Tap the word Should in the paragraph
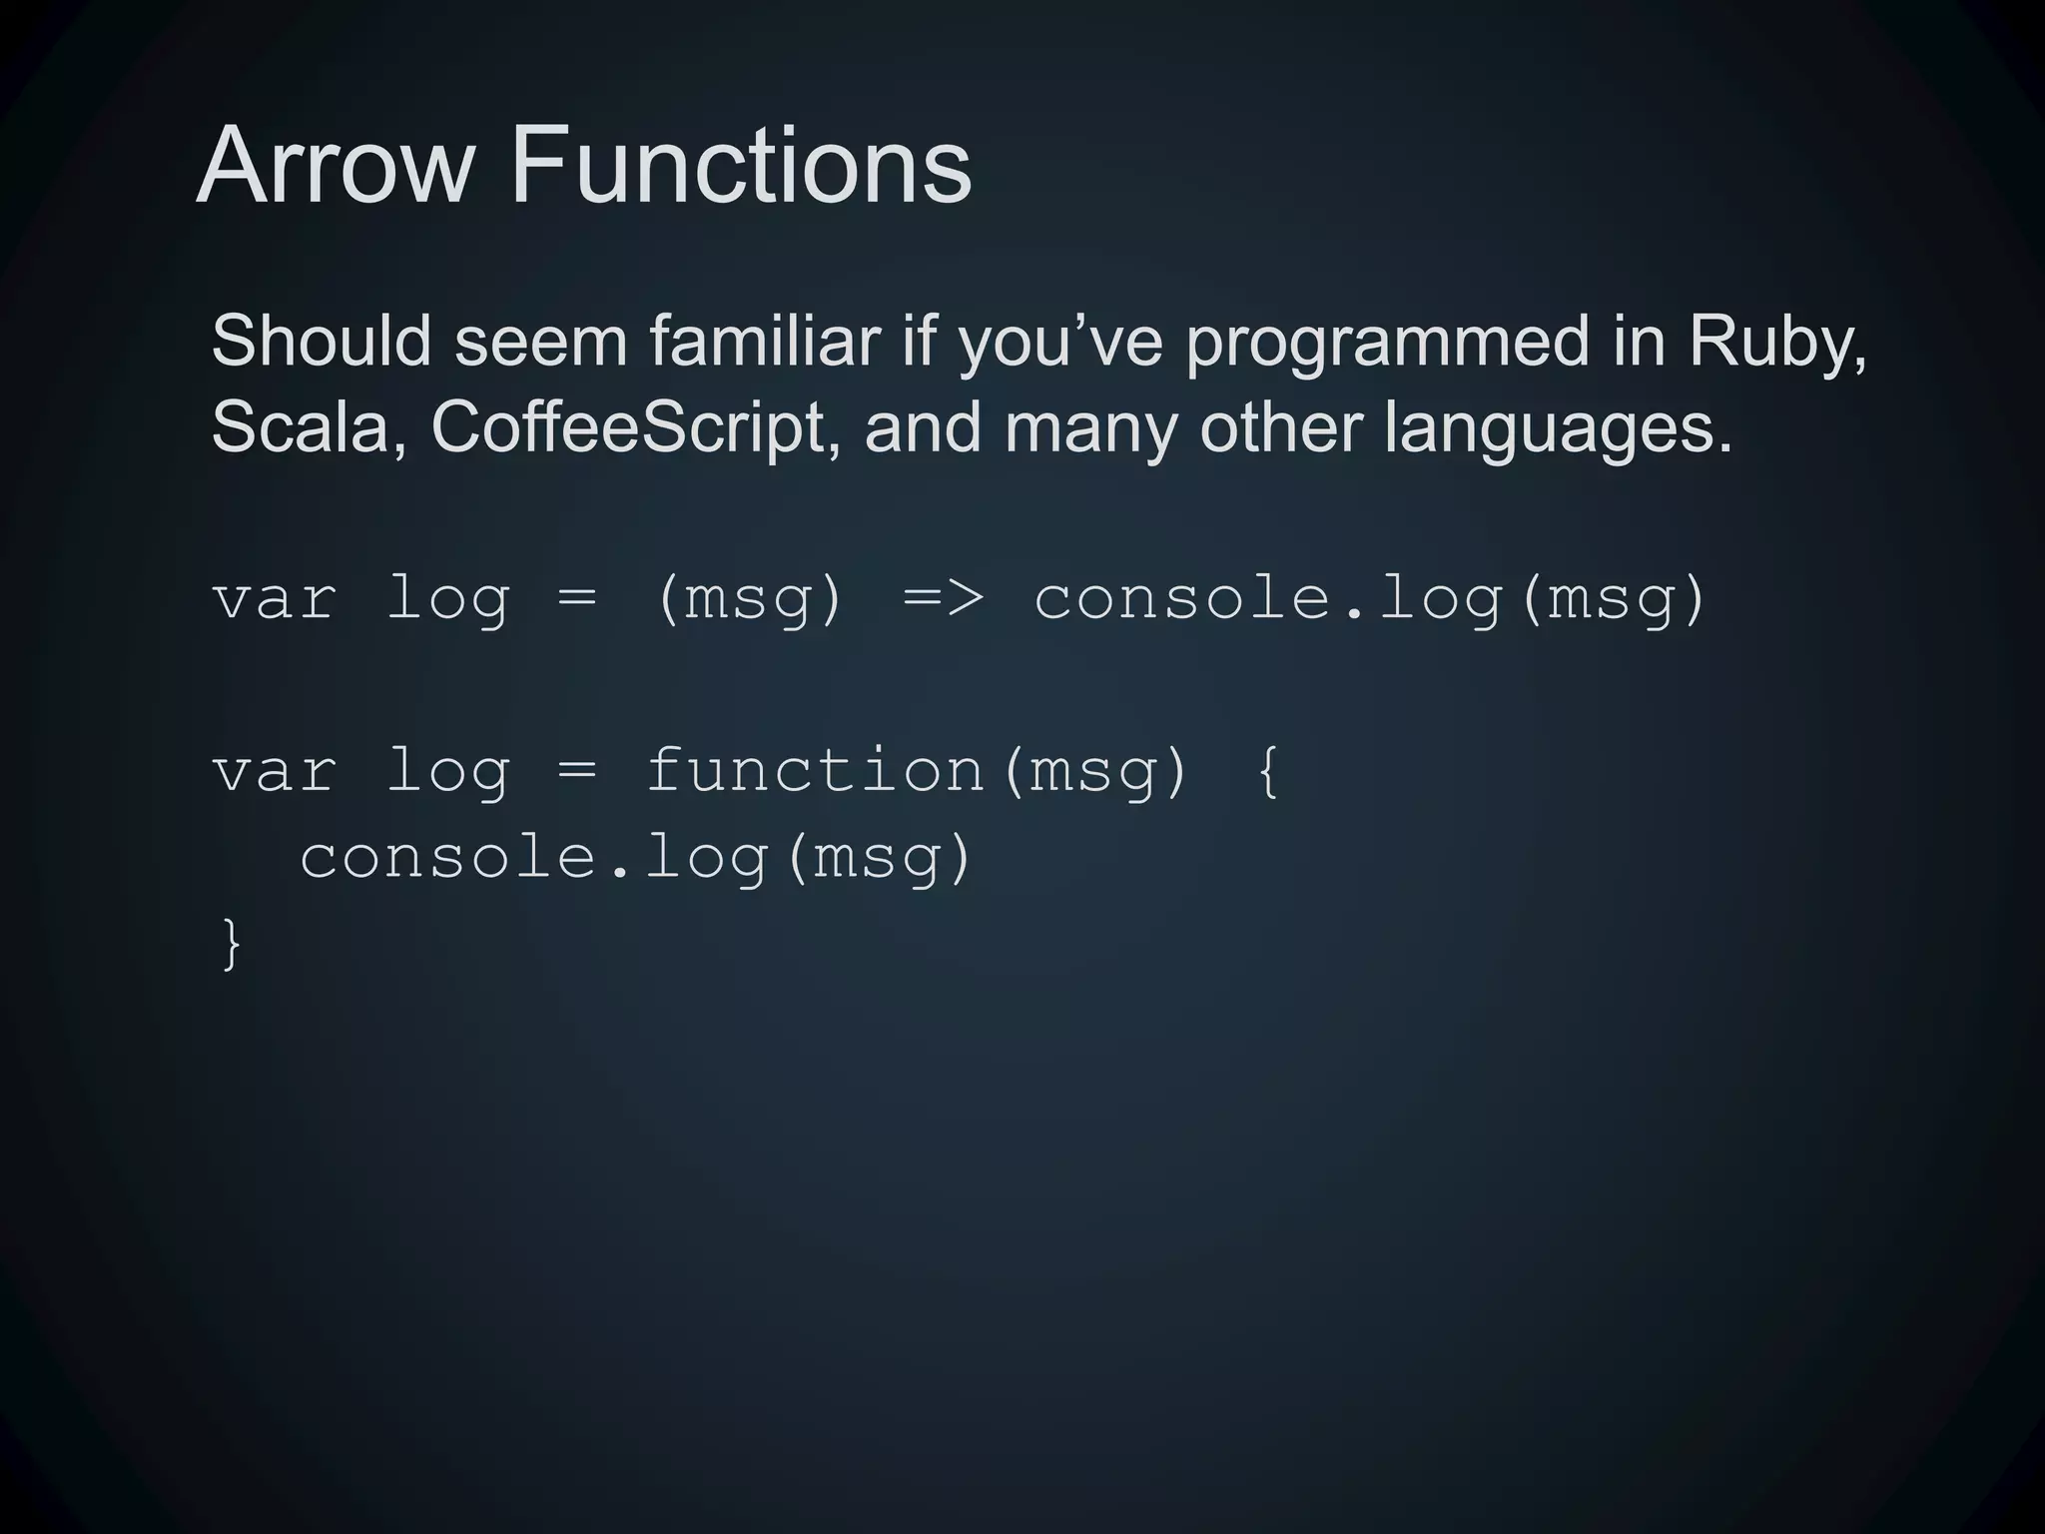tap(322, 341)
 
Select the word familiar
tap(765, 341)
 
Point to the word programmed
tap(1387, 343)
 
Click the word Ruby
tap(1776, 343)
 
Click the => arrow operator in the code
tap(944, 599)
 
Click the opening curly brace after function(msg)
tap(1267, 771)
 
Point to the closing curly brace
tap(231, 943)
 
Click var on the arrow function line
tap(275, 599)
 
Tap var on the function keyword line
tap(275, 771)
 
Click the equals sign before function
tap(577, 771)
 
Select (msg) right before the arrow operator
tap(750, 599)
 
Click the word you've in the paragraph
tap(1060, 343)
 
